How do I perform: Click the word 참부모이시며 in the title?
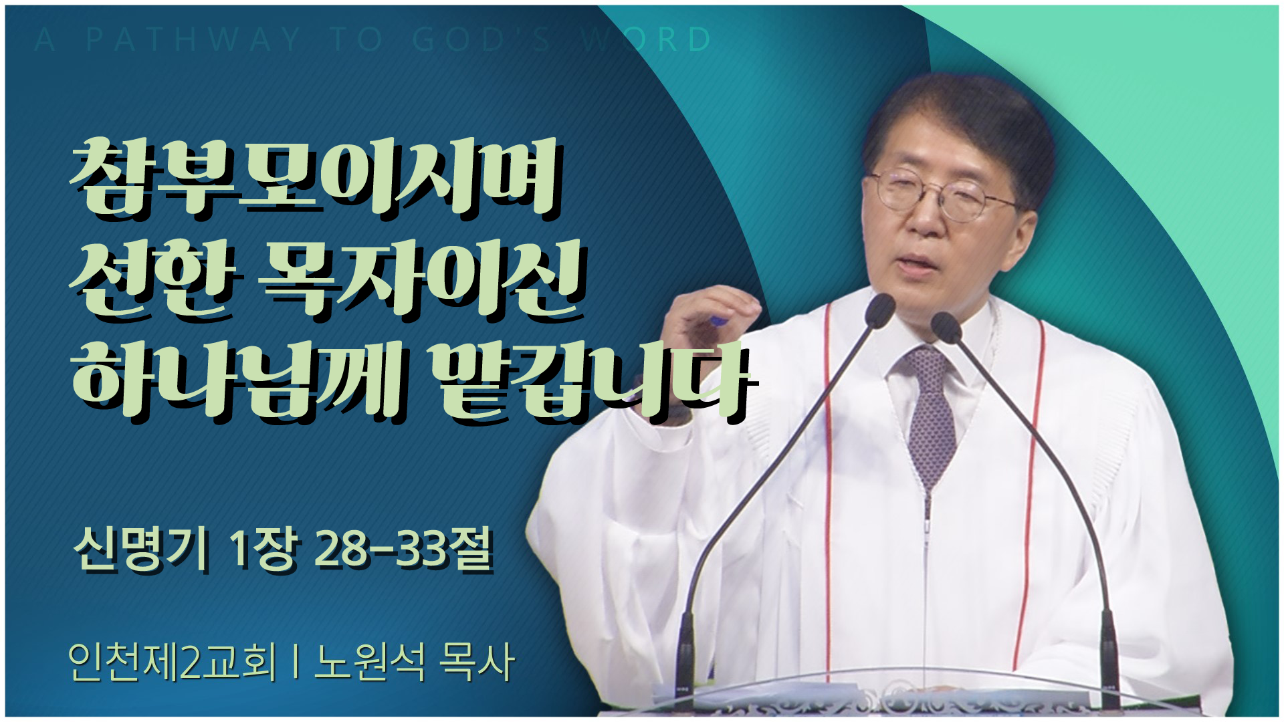pos(314,178)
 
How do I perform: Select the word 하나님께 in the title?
pos(238,380)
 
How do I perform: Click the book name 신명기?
pos(141,550)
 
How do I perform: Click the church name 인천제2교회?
pos(172,662)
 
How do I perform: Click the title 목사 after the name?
pos(476,662)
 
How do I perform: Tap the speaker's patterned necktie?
pos(932,414)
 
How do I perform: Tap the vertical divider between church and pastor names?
pos(295,662)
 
